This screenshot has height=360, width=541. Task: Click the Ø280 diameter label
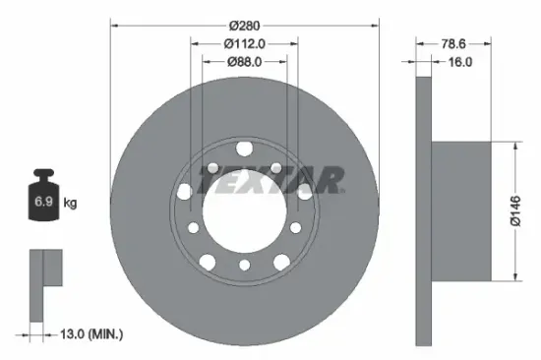point(245,25)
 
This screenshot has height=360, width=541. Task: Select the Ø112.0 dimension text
point(245,43)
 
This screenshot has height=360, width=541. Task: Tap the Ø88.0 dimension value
point(245,61)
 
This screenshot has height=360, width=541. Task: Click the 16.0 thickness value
point(460,61)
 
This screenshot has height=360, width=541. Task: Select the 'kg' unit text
point(71,203)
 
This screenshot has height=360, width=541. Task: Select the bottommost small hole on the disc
point(244,267)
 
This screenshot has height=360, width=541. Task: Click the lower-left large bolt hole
point(207,262)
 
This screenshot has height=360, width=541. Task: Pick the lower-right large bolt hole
point(282,262)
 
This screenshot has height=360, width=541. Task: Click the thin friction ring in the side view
point(423,210)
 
